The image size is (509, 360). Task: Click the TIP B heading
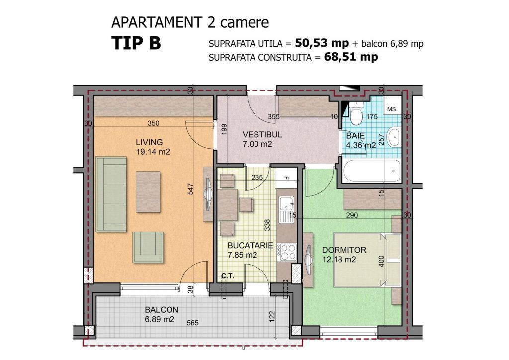pyautogui.click(x=136, y=43)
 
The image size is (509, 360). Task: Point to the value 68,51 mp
pyautogui.click(x=350, y=57)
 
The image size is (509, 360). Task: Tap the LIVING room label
pyautogui.click(x=149, y=143)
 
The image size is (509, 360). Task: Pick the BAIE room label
pyautogui.click(x=356, y=136)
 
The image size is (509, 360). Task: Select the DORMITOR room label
pyautogui.click(x=344, y=250)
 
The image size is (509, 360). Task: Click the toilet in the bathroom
pyautogui.click(x=356, y=115)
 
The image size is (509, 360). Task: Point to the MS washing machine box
pyautogui.click(x=392, y=109)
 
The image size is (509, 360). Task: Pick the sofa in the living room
pyautogui.click(x=111, y=193)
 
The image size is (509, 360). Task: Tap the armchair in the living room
pyautogui.click(x=148, y=247)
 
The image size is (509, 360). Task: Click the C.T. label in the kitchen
pyautogui.click(x=228, y=276)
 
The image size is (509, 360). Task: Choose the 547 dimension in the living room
pyautogui.click(x=190, y=189)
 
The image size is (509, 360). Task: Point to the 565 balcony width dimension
pyautogui.click(x=193, y=323)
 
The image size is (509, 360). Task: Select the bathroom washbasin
pyautogui.click(x=394, y=137)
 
